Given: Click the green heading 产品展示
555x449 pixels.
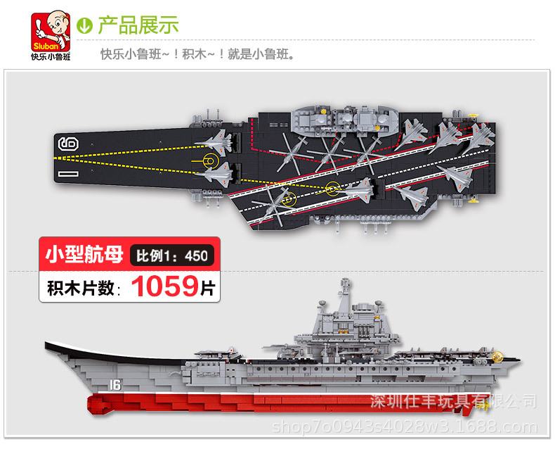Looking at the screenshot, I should [138, 25].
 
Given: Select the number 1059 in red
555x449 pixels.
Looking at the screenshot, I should [166, 286].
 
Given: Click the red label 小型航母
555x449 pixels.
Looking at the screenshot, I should [85, 253].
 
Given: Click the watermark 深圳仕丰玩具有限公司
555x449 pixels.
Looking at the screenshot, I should [453, 402].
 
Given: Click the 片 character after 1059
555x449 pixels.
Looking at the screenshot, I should [208, 287].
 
